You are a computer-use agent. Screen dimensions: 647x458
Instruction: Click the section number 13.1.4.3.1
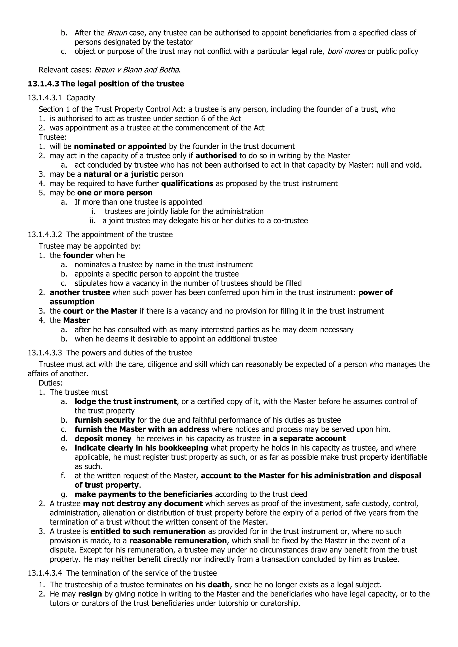pyautogui.click(x=45, y=98)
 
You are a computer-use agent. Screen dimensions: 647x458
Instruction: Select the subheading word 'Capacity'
pyautogui.click(x=81, y=98)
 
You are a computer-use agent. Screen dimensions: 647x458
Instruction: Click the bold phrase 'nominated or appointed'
pyautogui.click(x=120, y=147)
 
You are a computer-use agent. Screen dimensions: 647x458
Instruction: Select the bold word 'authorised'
pyautogui.click(x=216, y=156)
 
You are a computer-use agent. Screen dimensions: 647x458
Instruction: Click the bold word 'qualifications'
pyautogui.click(x=187, y=184)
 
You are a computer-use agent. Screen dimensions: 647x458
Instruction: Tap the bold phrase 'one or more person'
pyautogui.click(x=115, y=193)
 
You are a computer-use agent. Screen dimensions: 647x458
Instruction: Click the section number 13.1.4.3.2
pyautogui.click(x=45, y=235)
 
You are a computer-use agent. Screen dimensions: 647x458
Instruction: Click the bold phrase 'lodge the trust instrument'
pyautogui.click(x=125, y=402)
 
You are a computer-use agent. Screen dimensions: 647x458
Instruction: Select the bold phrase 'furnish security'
pyautogui.click(x=105, y=420)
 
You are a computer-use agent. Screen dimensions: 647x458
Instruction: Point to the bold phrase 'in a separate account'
pyautogui.click(x=304, y=439)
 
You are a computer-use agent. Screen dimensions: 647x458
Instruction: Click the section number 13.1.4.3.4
pyautogui.click(x=45, y=573)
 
